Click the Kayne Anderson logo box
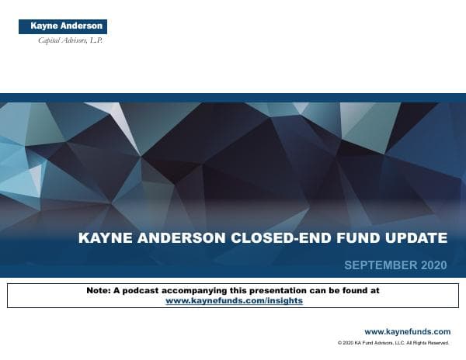pyautogui.click(x=63, y=26)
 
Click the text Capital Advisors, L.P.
pyautogui.click(x=70, y=40)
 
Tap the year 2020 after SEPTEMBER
pyautogui.click(x=433, y=266)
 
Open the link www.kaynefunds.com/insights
pyautogui.click(x=234, y=300)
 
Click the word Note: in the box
pyautogui.click(x=99, y=290)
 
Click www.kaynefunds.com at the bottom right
pyautogui.click(x=407, y=331)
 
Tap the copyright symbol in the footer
pyautogui.click(x=340, y=342)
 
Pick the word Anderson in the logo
pyautogui.click(x=82, y=26)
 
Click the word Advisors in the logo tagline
pyautogui.click(x=74, y=40)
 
